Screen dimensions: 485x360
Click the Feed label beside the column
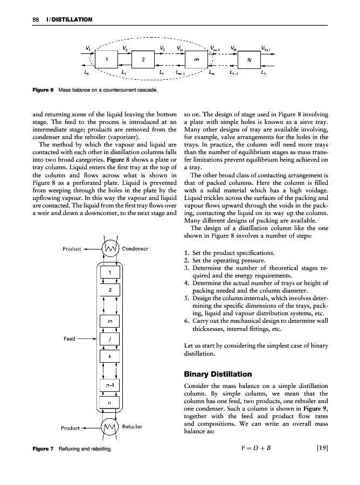point(70,339)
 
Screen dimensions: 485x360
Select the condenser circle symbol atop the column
point(110,249)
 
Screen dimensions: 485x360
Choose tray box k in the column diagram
point(109,356)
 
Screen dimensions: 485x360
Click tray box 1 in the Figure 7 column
point(109,272)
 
